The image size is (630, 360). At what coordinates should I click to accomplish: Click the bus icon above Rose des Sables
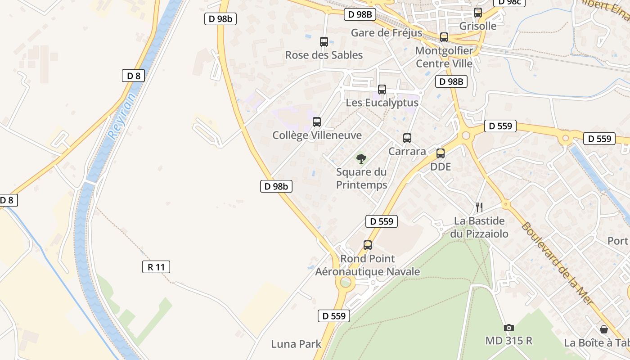(324, 42)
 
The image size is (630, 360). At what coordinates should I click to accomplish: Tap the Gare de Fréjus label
(387, 33)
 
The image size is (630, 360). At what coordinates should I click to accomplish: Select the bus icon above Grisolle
(478, 13)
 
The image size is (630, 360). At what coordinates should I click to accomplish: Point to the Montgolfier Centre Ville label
(444, 57)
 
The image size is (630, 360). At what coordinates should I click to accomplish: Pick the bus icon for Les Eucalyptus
(382, 90)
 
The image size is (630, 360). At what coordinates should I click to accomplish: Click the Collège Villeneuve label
(317, 135)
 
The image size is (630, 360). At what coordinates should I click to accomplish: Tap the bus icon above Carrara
(407, 138)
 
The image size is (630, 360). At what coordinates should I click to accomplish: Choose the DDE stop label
(440, 167)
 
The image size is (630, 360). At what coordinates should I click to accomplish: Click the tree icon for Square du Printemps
(361, 158)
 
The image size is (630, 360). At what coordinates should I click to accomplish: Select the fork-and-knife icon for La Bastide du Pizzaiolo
(479, 207)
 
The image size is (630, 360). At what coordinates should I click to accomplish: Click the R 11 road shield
(156, 267)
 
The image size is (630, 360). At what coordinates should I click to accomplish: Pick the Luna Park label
(296, 344)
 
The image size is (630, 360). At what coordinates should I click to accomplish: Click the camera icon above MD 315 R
(509, 328)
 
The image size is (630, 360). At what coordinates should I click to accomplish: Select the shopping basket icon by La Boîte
(603, 329)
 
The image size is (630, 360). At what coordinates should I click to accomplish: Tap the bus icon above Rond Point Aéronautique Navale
(368, 245)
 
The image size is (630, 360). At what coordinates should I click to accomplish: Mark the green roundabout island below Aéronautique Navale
(345, 283)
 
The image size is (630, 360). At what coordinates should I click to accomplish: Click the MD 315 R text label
(509, 341)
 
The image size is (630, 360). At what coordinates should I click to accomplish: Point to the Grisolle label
(478, 26)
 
